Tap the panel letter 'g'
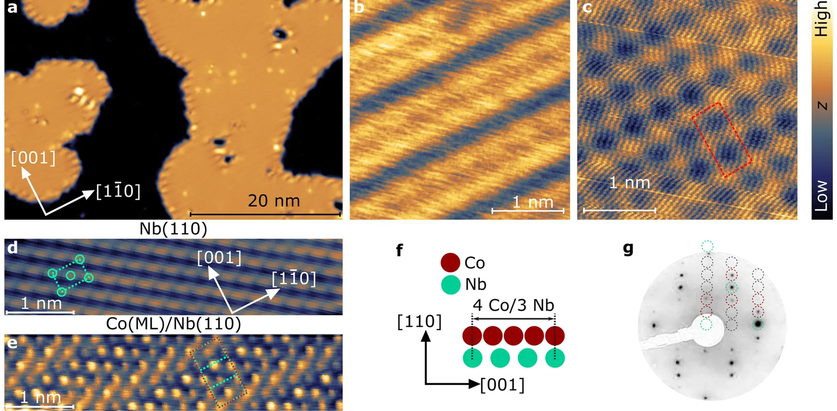[628, 249]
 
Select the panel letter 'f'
[400, 250]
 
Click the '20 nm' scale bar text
[274, 201]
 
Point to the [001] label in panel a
[33, 158]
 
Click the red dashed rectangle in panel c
[721, 140]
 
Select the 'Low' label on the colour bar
[822, 196]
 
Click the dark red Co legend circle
[450, 262]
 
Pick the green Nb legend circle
[450, 284]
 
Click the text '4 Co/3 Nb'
[513, 305]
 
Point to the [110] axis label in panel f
[419, 322]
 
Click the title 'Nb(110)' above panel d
[173, 229]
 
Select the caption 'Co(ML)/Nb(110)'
[173, 324]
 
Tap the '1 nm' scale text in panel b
[533, 202]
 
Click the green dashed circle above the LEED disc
[707, 246]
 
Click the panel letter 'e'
[12, 343]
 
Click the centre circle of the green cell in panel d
[71, 275]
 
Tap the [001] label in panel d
[219, 258]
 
